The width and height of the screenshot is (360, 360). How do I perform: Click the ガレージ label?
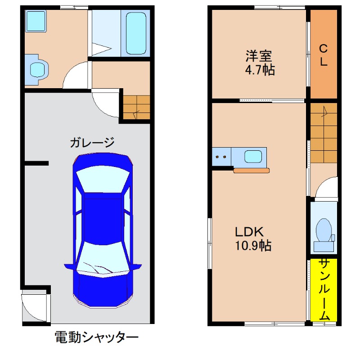[92, 143]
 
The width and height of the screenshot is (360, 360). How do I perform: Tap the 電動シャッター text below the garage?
[96, 337]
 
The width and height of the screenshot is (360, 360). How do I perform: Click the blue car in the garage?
[103, 229]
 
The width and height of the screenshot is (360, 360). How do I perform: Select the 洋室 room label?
[259, 57]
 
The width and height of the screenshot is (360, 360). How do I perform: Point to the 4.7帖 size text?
[260, 70]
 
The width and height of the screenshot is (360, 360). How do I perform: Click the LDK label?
[248, 232]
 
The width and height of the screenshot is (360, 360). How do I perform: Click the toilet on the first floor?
[37, 69]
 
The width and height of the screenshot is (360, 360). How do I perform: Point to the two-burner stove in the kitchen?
[221, 157]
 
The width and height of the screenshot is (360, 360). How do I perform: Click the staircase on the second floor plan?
[324, 132]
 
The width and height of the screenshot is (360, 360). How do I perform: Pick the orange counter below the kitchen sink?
[252, 170]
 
